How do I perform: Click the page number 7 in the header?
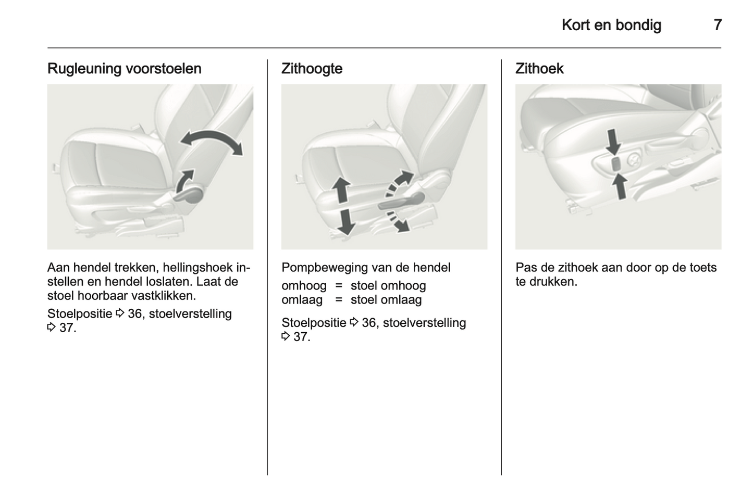tap(718, 25)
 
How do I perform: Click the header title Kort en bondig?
tap(611, 26)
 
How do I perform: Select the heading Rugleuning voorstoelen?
tap(125, 69)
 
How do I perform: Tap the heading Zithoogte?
tap(312, 69)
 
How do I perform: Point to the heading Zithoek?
tap(539, 69)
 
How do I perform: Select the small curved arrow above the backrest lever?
tap(184, 181)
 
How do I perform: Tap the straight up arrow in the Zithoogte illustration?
tap(341, 190)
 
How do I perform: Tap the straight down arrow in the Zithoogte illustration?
tap(345, 221)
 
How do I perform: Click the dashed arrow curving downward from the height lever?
tap(397, 221)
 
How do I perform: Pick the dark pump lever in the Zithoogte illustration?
tap(402, 202)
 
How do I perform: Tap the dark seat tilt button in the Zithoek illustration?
tap(616, 164)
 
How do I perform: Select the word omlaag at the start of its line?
tap(302, 300)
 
